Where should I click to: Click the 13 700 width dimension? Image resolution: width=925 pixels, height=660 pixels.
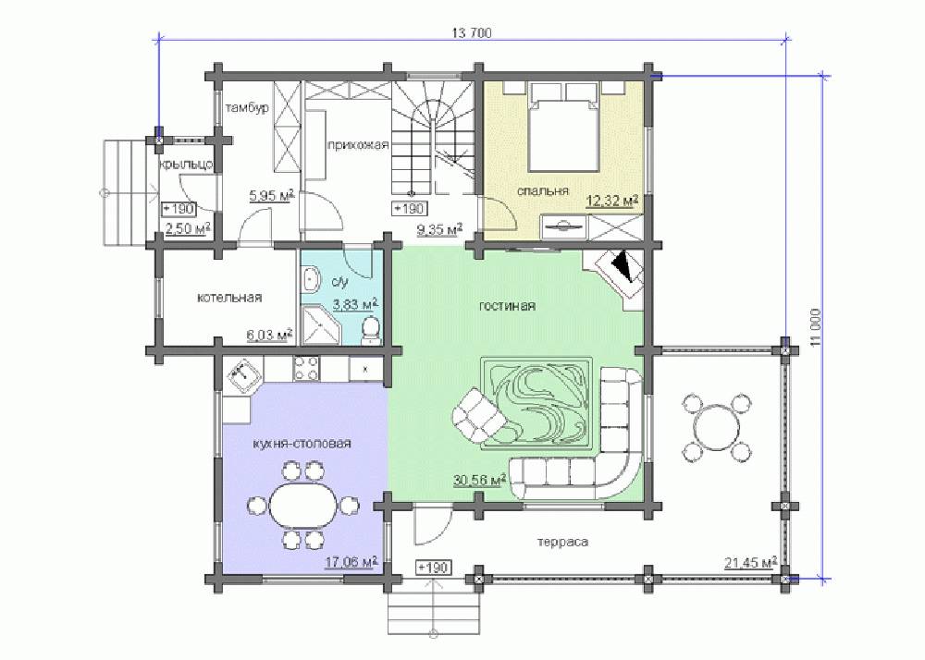tap(472, 33)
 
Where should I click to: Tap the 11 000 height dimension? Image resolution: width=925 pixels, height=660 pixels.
tap(816, 328)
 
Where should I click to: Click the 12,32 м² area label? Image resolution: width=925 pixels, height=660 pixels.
tap(612, 202)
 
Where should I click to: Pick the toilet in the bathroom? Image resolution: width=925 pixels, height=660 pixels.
tap(371, 330)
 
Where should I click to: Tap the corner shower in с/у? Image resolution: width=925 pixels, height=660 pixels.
tap(321, 324)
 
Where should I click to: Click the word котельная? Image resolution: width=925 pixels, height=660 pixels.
tap(228, 298)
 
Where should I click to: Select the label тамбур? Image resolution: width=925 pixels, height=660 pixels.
tap(247, 108)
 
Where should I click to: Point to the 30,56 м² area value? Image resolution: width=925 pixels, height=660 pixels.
tap(480, 481)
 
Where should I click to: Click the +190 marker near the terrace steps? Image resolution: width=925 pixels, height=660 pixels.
tap(433, 568)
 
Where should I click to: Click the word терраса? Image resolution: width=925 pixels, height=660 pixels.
tap(562, 542)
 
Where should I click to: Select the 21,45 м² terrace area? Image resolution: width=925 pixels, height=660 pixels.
tap(750, 563)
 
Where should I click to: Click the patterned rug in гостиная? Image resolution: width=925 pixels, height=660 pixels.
tap(537, 403)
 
